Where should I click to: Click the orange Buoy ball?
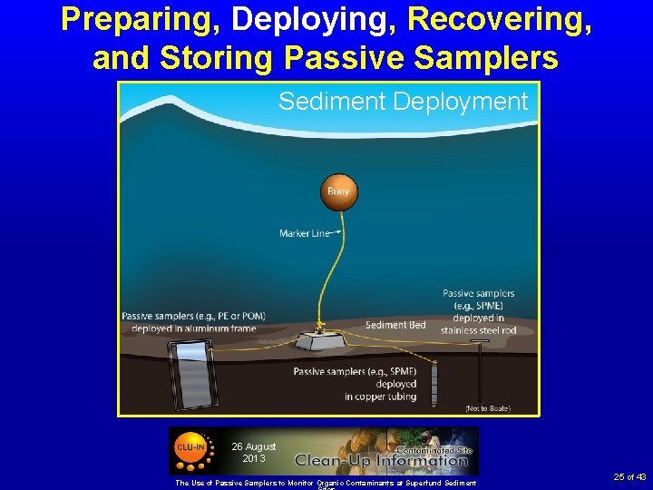click(x=337, y=191)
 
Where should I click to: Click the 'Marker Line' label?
click(x=305, y=233)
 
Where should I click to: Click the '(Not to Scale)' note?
click(x=487, y=408)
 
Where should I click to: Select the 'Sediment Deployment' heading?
click(x=403, y=102)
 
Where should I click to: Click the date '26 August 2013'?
click(x=253, y=452)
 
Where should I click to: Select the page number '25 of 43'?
click(x=629, y=476)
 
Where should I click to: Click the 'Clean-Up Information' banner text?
click(x=381, y=460)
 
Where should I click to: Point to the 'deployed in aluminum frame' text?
click(x=194, y=328)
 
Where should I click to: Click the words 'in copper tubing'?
click(x=380, y=397)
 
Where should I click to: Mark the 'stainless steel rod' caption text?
click(x=478, y=330)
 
